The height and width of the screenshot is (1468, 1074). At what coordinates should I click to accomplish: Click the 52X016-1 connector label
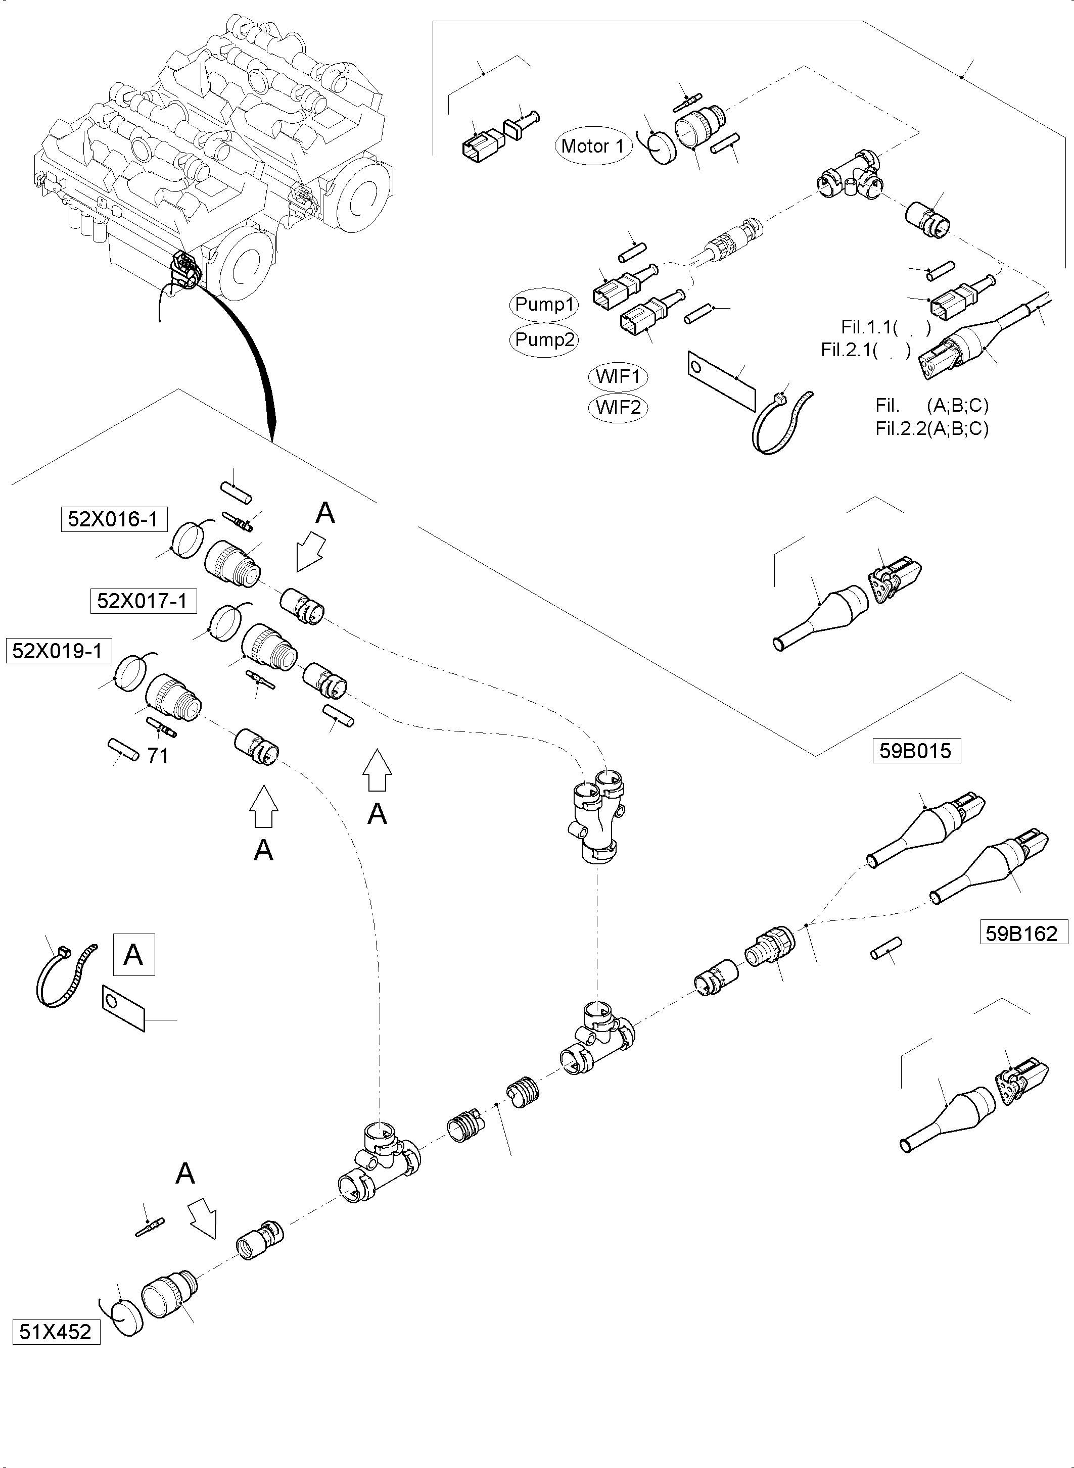coord(113,519)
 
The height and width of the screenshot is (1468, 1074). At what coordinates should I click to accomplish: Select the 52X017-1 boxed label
coord(143,601)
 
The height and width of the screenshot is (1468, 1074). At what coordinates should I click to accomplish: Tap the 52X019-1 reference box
coord(58,651)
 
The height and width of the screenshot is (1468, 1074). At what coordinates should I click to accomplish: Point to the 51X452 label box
coord(56,1332)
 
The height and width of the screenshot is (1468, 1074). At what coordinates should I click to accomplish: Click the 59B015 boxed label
coord(915,751)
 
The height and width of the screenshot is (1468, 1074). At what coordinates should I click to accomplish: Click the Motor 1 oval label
coord(593,146)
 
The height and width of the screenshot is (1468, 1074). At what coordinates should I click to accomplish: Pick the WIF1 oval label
coord(618,376)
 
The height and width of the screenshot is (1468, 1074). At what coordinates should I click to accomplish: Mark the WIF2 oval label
coord(618,408)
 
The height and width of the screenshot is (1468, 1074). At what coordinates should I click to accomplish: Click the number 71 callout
coord(158,756)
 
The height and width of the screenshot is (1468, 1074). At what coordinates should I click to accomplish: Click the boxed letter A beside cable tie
coord(134,955)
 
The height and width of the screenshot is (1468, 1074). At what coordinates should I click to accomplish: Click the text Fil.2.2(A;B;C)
coord(931,429)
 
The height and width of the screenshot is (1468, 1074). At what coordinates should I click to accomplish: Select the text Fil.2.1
coord(847,350)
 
